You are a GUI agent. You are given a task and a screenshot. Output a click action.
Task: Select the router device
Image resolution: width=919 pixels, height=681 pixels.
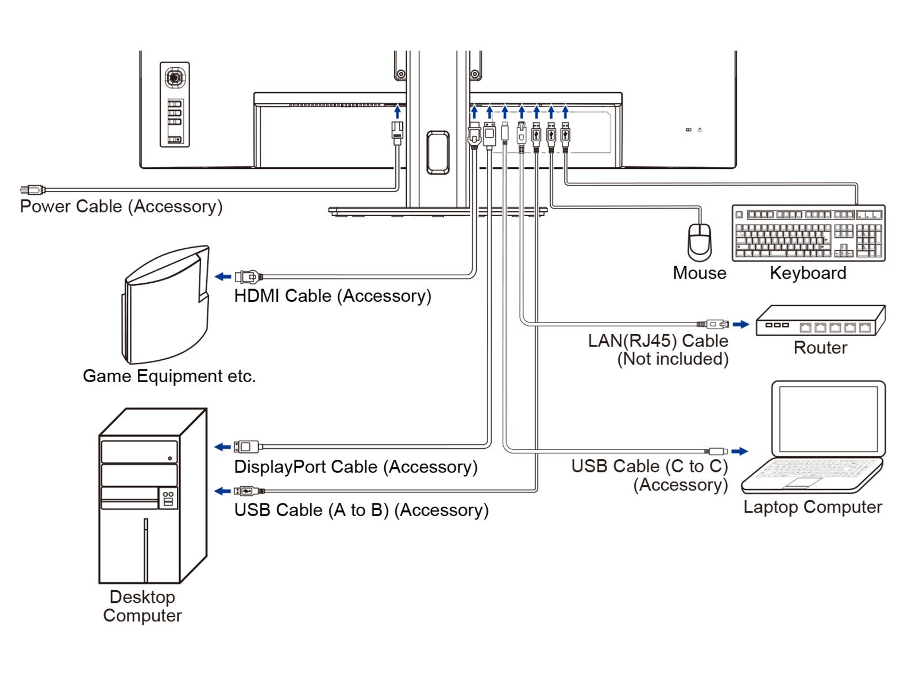pos(820,320)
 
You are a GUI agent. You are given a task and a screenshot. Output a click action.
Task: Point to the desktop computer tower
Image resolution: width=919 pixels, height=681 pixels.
pos(152,495)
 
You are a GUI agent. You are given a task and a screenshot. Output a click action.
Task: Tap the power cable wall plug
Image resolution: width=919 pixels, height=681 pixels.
pos(32,190)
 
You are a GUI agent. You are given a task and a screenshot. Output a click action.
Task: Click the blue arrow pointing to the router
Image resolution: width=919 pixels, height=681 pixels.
pos(741,324)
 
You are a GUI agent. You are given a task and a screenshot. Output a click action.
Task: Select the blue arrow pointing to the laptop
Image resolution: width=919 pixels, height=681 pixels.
pos(739,451)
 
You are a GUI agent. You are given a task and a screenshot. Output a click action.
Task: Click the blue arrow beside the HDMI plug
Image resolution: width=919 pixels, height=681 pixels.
pos(223,276)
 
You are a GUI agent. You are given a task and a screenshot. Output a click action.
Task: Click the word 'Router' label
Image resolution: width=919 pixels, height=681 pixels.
pos(820,348)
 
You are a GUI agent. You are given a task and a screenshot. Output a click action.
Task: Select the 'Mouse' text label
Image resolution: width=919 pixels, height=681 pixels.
pos(700,273)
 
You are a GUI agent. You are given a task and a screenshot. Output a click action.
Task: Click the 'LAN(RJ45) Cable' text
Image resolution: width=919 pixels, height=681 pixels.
pos(658,340)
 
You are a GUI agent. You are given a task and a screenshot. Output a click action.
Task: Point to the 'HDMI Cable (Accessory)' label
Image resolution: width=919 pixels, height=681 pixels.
pos(333,296)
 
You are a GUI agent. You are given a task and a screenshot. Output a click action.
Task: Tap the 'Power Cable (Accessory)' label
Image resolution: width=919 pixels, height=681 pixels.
pos(121,206)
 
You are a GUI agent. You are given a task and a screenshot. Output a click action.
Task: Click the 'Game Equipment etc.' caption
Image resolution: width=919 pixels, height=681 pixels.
pos(169,376)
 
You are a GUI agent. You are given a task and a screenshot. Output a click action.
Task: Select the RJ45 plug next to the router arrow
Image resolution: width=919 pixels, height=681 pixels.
pos(713,324)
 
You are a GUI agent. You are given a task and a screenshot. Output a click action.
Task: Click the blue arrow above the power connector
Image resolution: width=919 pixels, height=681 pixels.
pos(397,111)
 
